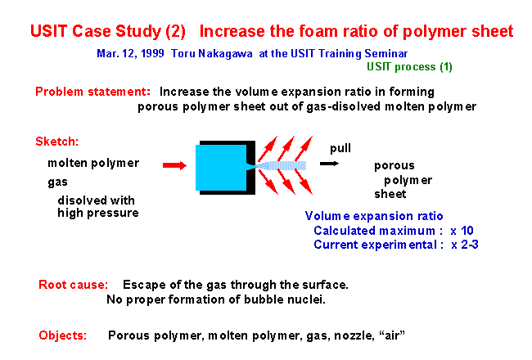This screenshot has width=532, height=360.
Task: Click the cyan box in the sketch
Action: pyautogui.click(x=221, y=168)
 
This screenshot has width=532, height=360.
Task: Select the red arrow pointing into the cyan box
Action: pyautogui.click(x=174, y=165)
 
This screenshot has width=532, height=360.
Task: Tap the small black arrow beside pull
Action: pyautogui.click(x=329, y=164)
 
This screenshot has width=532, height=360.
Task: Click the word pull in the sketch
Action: pyautogui.click(x=340, y=149)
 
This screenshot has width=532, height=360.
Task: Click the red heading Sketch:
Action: pyautogui.click(x=57, y=142)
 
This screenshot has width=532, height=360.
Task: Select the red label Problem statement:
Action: pyautogui.click(x=92, y=92)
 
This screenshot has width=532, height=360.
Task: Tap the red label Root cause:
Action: pyautogui.click(x=74, y=285)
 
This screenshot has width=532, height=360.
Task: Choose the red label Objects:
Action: pyautogui.click(x=63, y=335)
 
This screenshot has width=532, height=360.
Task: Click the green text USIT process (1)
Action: pyautogui.click(x=409, y=67)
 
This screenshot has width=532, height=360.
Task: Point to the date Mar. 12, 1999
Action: pyautogui.click(x=130, y=54)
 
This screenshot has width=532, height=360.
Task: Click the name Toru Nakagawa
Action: pyautogui.click(x=212, y=54)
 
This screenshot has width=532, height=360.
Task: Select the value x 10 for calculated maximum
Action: pyautogui.click(x=462, y=231)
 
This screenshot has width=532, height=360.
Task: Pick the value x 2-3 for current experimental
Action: pyautogui.click(x=465, y=245)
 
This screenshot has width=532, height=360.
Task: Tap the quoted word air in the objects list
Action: pyautogui.click(x=392, y=335)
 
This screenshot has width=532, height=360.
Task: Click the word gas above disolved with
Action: pyautogui.click(x=57, y=182)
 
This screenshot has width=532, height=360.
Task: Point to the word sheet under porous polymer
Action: pyautogui.click(x=390, y=194)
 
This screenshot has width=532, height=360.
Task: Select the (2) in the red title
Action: pyautogui.click(x=175, y=31)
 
